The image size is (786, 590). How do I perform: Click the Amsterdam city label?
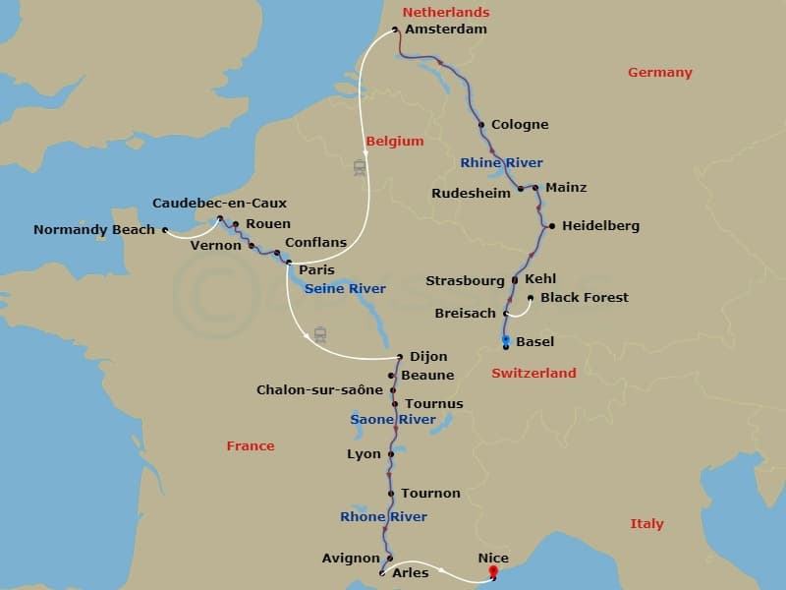click(446, 29)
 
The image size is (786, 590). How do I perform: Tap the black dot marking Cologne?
click(481, 125)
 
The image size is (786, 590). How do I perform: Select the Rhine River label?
click(501, 162)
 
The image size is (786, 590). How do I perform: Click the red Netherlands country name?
click(446, 13)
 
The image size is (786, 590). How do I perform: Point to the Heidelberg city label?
click(601, 226)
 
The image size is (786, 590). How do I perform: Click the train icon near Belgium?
click(360, 168)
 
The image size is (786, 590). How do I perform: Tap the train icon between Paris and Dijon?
click(319, 334)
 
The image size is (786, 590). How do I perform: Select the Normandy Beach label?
click(94, 230)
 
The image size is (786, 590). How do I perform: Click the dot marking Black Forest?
click(531, 297)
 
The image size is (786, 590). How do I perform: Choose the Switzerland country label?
click(533, 374)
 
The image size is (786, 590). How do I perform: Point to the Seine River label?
click(345, 289)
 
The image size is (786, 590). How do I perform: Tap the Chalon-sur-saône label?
click(319, 390)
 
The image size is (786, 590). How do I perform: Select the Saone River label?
click(393, 420)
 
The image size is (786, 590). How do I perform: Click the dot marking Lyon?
click(391, 454)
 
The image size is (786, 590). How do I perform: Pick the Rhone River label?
click(383, 517)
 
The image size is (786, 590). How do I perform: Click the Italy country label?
click(646, 524)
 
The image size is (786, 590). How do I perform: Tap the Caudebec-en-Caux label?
click(219, 204)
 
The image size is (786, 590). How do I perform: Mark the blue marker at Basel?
click(506, 339)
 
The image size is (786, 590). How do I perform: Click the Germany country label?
click(660, 73)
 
